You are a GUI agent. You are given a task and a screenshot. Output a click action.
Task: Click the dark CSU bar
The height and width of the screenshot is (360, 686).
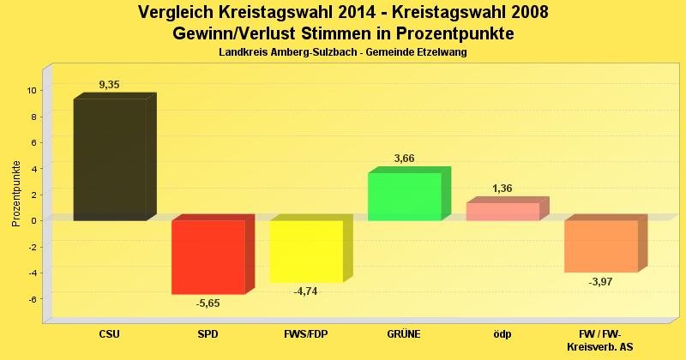coord(109,159)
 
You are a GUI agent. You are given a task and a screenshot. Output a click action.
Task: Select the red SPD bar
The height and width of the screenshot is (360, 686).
coord(208,257)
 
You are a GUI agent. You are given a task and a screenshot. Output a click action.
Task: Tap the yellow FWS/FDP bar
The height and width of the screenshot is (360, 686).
coord(306,251)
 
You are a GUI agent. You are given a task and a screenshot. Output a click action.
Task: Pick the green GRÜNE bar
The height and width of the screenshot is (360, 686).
coord(404,196)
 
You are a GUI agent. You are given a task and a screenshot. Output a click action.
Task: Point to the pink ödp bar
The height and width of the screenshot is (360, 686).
coord(502,212)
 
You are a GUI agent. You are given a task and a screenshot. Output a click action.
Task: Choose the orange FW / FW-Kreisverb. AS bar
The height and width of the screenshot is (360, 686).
coord(600,246)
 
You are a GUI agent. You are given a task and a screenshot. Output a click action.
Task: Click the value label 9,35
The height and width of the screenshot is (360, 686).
coord(110,85)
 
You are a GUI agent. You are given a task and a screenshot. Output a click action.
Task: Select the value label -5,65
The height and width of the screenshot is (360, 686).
coord(208,303)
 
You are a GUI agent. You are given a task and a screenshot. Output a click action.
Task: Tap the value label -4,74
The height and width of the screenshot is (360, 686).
coord(306,291)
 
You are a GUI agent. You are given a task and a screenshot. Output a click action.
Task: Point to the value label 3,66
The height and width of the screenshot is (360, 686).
coord(405,159)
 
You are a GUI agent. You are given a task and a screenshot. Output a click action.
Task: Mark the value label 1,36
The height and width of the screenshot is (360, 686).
coord(502,189)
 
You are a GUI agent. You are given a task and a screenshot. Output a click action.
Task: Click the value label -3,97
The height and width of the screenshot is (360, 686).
coord(601,282)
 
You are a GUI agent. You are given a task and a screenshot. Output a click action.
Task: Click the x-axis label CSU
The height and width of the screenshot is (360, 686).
coord(109,334)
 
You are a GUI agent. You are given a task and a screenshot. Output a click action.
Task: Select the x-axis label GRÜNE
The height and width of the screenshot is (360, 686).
coord(404,334)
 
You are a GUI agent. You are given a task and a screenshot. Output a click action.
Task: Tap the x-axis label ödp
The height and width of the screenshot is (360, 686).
coord(502,334)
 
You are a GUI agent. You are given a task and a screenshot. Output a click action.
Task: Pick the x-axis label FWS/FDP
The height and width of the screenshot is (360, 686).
coord(306,334)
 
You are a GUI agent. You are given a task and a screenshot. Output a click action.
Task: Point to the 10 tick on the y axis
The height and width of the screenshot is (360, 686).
coord(31,90)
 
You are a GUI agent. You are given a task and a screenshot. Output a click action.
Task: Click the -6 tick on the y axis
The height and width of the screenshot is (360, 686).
coord(31,299)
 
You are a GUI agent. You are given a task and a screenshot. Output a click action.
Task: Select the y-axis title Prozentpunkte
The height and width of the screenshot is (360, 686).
coord(16,194)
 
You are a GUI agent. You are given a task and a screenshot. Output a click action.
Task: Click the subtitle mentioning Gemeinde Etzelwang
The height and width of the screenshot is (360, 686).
coord(342,53)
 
